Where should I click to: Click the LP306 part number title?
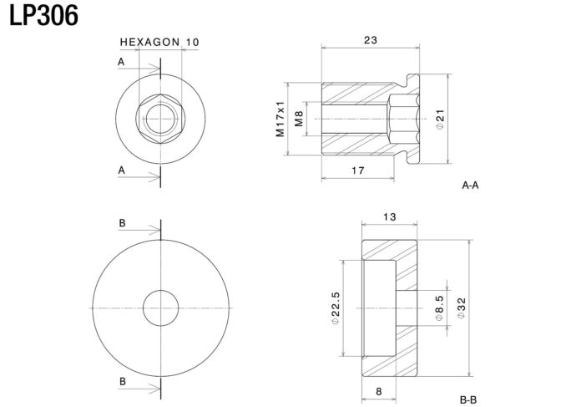(43, 16)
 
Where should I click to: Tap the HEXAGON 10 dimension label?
(159, 43)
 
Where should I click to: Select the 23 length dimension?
(371, 40)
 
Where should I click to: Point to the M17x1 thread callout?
(280, 119)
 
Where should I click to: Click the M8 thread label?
(299, 119)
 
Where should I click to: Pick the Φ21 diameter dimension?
(440, 120)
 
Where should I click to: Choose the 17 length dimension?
(358, 170)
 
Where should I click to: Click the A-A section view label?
(470, 186)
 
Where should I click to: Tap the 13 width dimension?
(390, 217)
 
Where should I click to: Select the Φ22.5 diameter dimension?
(336, 308)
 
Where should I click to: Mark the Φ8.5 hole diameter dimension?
(439, 308)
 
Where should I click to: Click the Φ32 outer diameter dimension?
(462, 308)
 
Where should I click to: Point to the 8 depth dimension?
(379, 392)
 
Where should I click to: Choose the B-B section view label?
(468, 399)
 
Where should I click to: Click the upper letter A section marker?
(121, 62)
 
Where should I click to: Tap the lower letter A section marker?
(122, 170)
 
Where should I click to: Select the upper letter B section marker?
(123, 223)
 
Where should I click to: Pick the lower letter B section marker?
(123, 382)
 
